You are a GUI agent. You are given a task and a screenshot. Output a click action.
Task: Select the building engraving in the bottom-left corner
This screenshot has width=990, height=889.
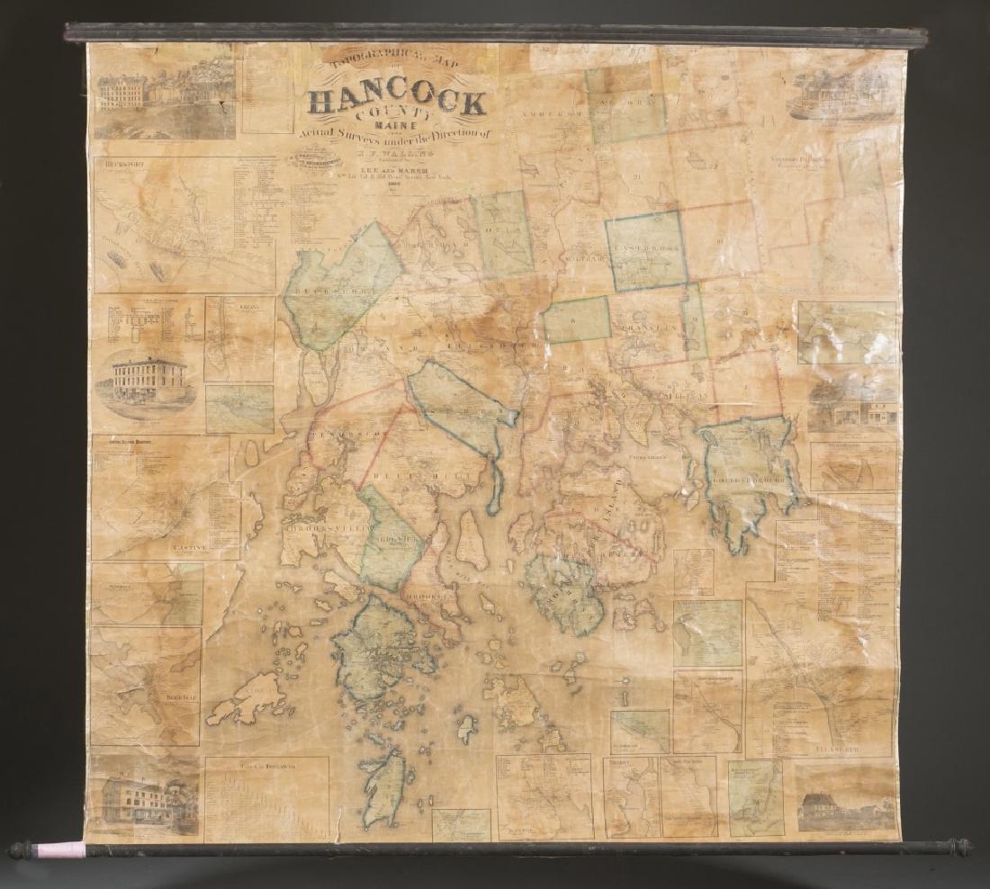(x=143, y=797)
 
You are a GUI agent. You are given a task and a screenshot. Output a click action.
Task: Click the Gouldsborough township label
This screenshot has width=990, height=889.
(x=746, y=475)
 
